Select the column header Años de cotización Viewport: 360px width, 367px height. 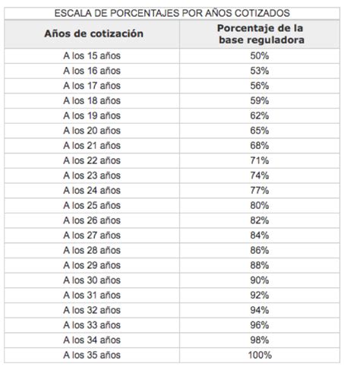pos(93,35)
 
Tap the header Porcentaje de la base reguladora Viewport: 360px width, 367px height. pos(258,35)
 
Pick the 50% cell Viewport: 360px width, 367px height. pos(258,56)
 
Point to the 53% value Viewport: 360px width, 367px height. pos(258,71)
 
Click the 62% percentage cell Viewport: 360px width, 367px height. pos(258,115)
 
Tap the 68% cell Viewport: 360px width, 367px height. pos(258,145)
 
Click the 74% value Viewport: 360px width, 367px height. pos(258,174)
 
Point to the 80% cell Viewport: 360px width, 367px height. pos(258,204)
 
